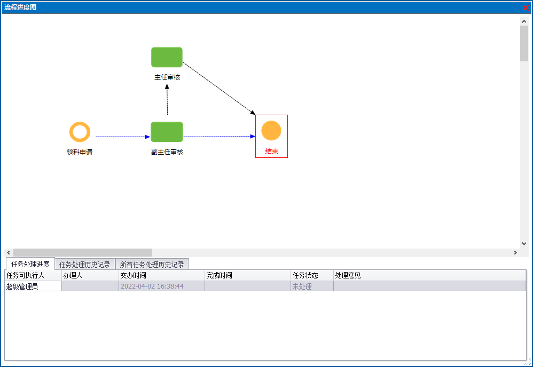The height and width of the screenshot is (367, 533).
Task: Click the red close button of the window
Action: coord(526,7)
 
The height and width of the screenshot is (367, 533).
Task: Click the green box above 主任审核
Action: coord(167,57)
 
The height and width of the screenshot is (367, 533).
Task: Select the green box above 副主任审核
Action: coord(167,132)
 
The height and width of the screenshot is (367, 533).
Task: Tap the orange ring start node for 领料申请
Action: coord(80,132)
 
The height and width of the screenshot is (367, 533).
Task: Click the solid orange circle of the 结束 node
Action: coord(271,131)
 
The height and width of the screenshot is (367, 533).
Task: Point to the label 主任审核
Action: coord(167,77)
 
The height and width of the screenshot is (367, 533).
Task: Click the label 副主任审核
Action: coord(167,152)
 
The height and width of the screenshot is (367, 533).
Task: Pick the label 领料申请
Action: coord(80,152)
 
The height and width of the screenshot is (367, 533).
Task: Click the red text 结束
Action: coord(271,151)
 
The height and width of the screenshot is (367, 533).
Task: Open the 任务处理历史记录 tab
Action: coord(85,265)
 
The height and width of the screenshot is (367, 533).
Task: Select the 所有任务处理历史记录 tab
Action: coord(152,265)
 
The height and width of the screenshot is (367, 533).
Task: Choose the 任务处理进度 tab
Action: coord(30,264)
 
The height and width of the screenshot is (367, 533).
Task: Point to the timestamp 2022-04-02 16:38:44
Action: coord(152,286)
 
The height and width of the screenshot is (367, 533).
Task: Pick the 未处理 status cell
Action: coord(302,286)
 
